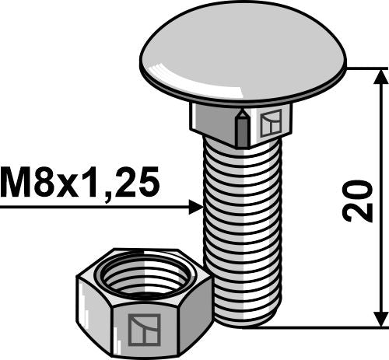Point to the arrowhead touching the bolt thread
pyautogui.click(x=195, y=208)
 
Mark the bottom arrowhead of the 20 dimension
pyautogui.click(x=380, y=318)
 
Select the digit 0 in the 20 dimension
pyautogui.click(x=360, y=188)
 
